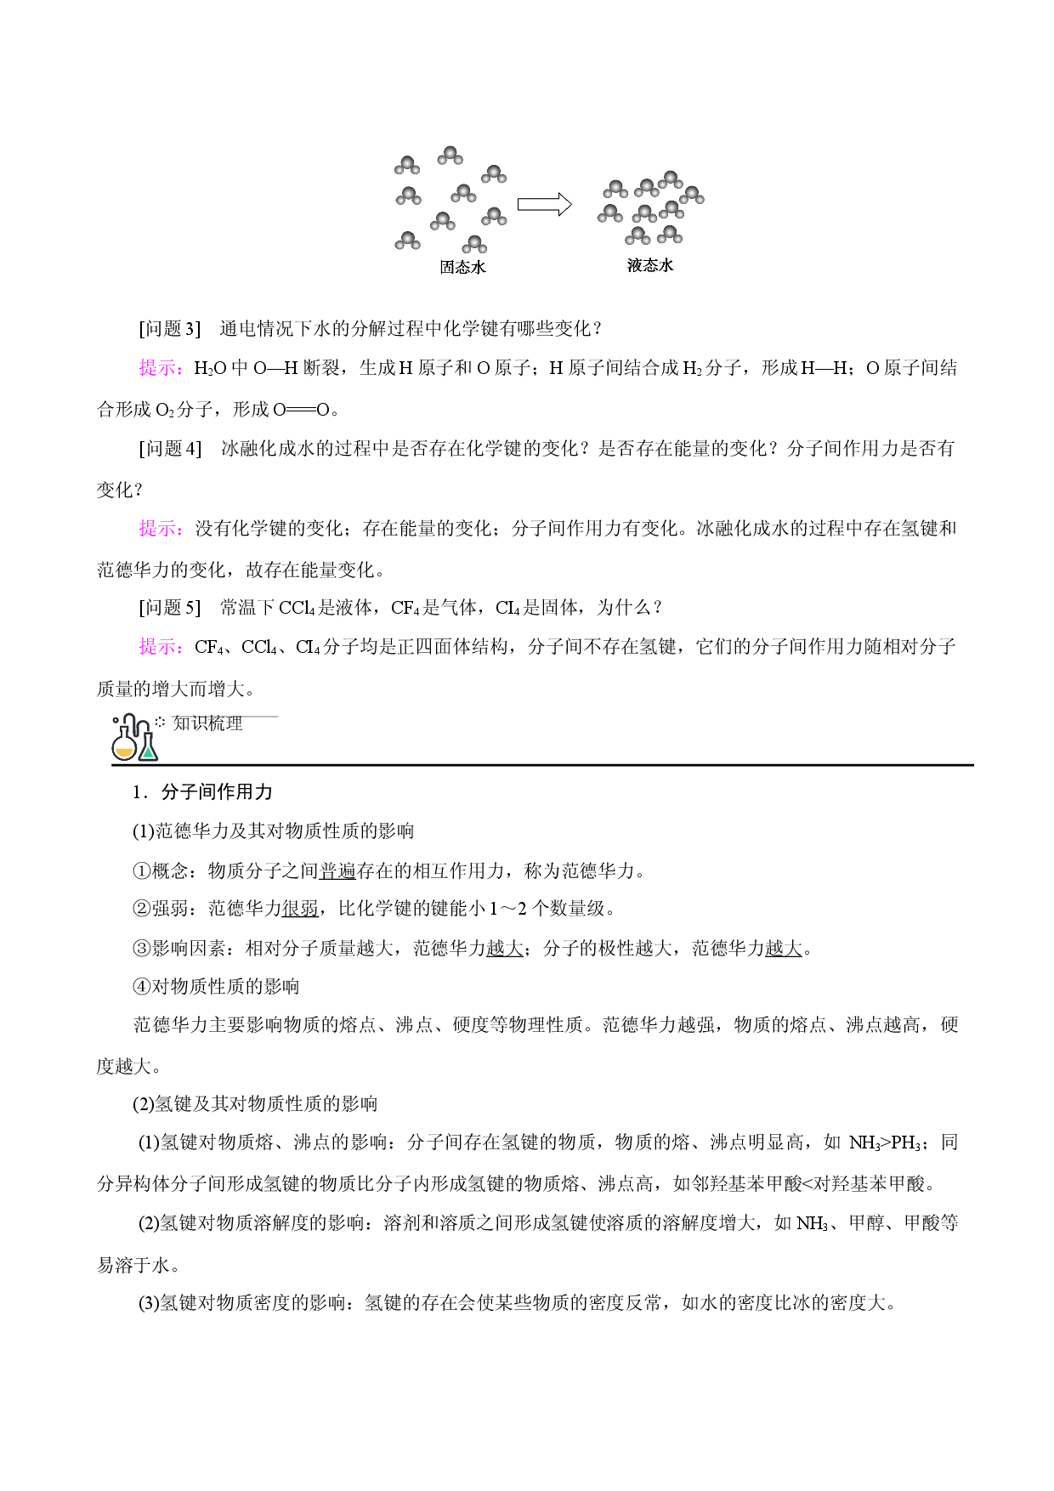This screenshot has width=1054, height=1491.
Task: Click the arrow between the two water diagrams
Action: click(545, 204)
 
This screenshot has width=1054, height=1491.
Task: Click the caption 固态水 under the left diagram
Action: click(462, 267)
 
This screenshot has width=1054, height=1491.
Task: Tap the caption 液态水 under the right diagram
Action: click(650, 265)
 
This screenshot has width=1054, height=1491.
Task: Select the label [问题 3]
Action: click(170, 329)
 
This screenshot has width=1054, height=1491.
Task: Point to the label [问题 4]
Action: click(170, 449)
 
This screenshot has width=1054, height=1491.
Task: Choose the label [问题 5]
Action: click(170, 608)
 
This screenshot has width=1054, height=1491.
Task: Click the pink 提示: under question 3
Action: click(161, 368)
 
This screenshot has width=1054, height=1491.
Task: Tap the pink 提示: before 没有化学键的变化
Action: click(161, 529)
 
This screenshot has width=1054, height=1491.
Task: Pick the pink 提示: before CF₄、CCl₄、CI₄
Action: click(161, 647)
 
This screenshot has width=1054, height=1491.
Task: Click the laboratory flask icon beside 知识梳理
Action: click(135, 737)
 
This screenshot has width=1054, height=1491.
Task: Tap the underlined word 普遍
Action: click(337, 870)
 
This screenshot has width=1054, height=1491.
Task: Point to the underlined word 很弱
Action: click(300, 909)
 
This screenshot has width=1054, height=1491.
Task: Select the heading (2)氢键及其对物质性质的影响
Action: click(255, 1104)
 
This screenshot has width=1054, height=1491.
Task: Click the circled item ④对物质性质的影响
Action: click(217, 987)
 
